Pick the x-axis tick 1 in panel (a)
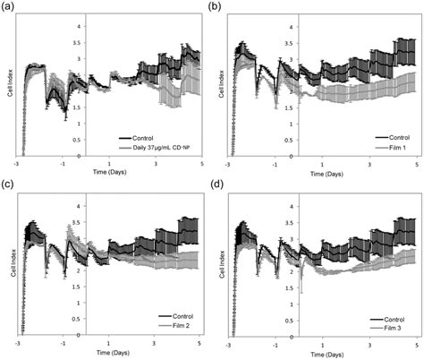[109, 163]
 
